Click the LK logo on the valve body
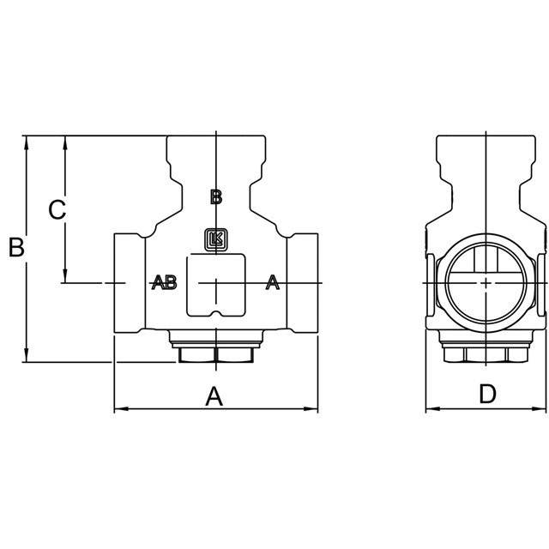(x=216, y=240)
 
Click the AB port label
(x=164, y=282)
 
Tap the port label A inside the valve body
(x=273, y=282)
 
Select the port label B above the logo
(x=216, y=196)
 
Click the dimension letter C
(x=57, y=209)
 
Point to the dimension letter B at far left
(x=16, y=247)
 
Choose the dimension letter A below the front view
(x=214, y=396)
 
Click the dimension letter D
(x=487, y=394)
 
